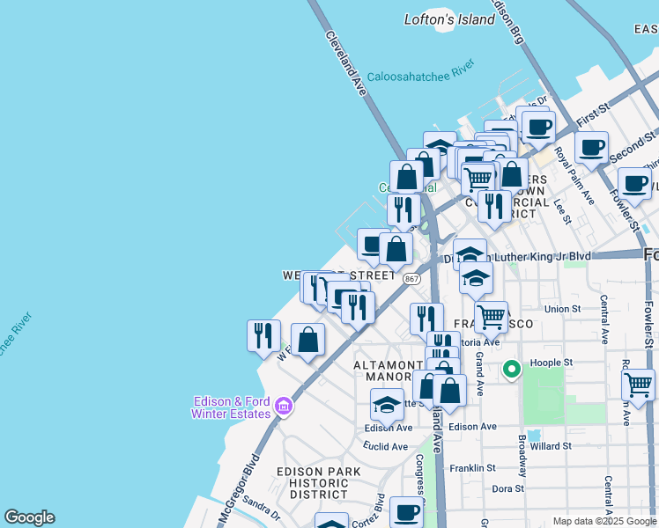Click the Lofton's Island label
click(449, 19)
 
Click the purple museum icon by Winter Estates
click(283, 406)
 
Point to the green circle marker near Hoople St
click(511, 370)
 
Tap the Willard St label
click(551, 446)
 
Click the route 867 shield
click(411, 278)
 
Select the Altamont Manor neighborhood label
click(389, 370)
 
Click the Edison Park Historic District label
click(318, 483)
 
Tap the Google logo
click(29, 517)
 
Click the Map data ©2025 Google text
click(604, 521)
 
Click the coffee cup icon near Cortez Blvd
click(406, 510)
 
